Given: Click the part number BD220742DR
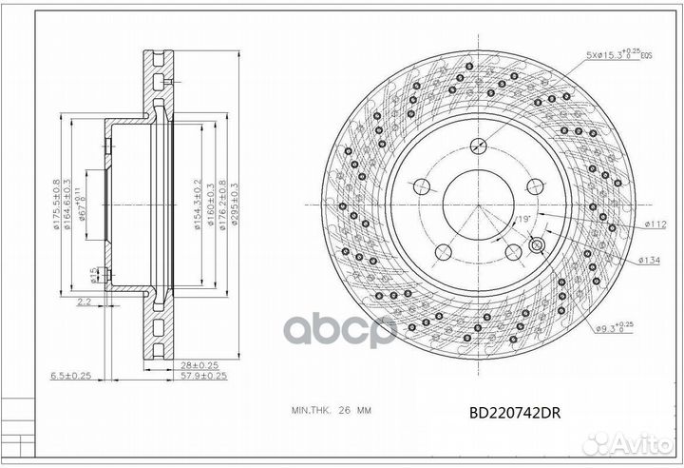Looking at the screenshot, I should [521, 413].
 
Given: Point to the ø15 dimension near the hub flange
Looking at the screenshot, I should [93, 275].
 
